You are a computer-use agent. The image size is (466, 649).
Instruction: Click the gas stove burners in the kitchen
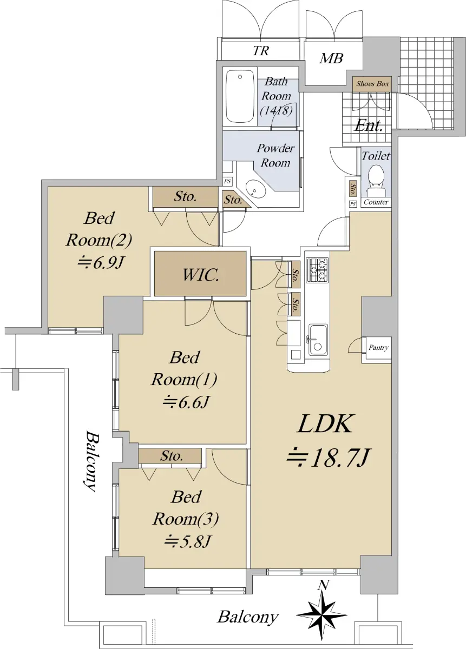pyautogui.click(x=318, y=270)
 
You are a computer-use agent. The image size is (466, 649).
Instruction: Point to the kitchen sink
pyautogui.click(x=318, y=340)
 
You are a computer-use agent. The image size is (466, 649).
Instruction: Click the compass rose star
pyautogui.click(x=322, y=614)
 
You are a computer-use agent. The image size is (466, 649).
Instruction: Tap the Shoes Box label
pyautogui.click(x=372, y=84)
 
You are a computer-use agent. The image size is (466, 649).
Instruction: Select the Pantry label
pyautogui.click(x=378, y=347)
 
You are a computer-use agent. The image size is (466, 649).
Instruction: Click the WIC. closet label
pyautogui.click(x=201, y=275)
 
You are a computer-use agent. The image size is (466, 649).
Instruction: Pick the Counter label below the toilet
pyautogui.click(x=376, y=202)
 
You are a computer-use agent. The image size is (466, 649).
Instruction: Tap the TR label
pyautogui.click(x=261, y=51)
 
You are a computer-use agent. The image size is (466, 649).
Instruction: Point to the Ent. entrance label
pyautogui.click(x=368, y=126)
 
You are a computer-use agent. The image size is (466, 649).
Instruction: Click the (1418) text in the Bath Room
pyautogui.click(x=276, y=111)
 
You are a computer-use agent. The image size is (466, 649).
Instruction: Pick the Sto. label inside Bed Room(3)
pyautogui.click(x=172, y=456)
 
